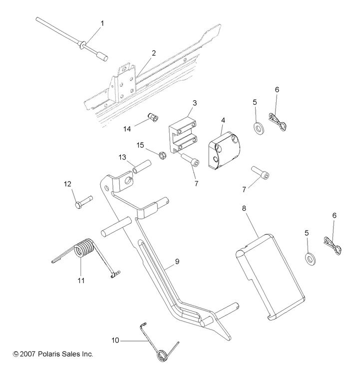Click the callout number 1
pos(102,23)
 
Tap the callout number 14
pos(127,129)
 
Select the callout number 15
pos(140,145)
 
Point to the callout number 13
pos(122,157)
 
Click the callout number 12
pos(67,184)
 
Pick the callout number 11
pos(81,281)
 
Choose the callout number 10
pos(115,341)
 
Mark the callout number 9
pos(177,261)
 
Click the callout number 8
pos(244,208)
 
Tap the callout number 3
pos(195,103)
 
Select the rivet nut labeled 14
pos(153,117)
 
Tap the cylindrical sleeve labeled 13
pos(142,167)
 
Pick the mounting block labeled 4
pos(225,150)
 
